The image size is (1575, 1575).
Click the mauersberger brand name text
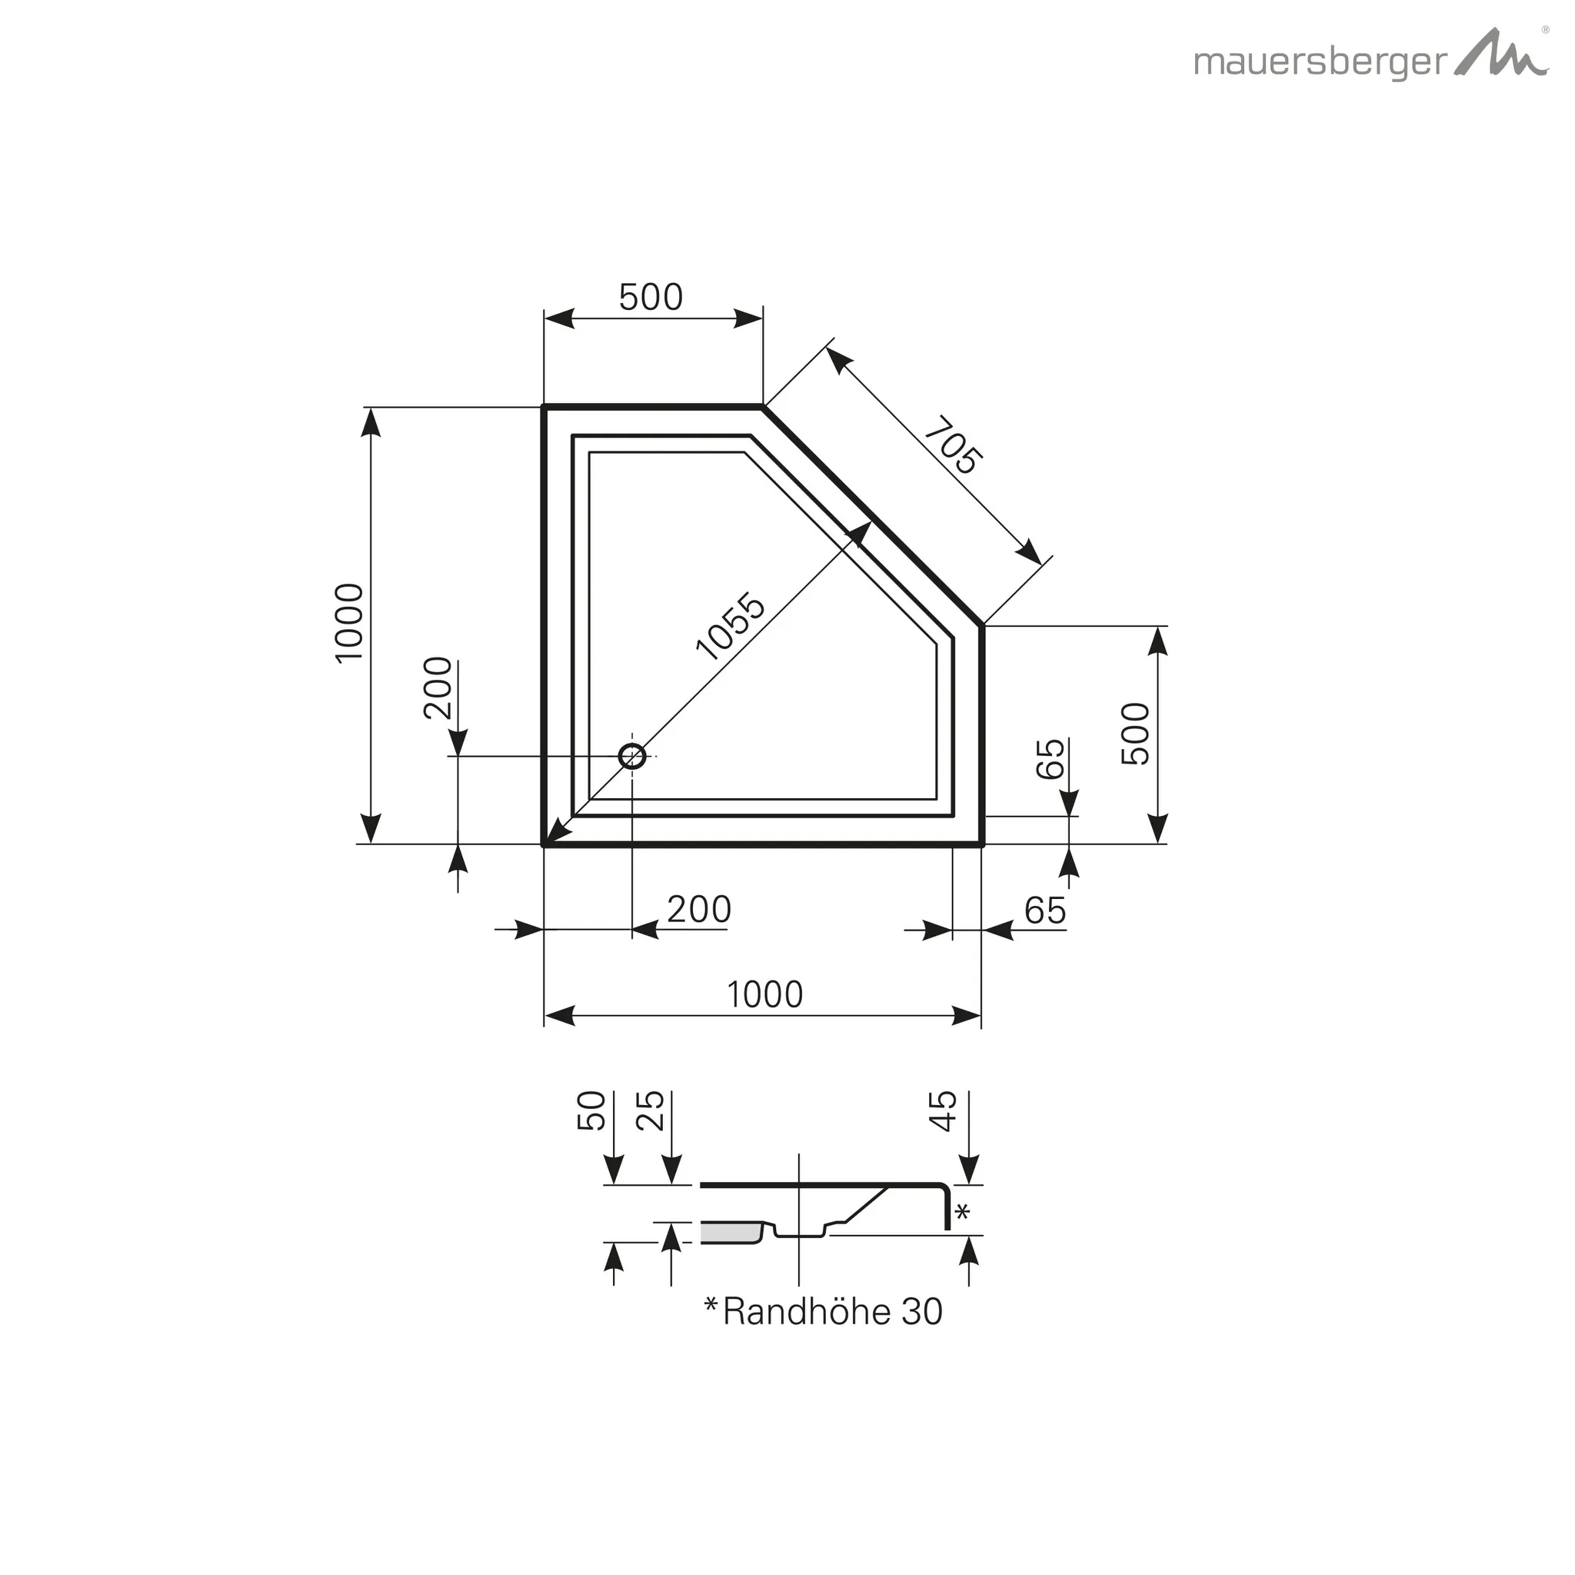click(1320, 63)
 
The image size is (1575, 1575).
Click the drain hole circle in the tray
click(633, 757)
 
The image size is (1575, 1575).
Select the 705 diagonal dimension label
click(953, 445)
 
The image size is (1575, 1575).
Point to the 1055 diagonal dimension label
click(731, 626)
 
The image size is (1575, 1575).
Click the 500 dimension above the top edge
click(651, 298)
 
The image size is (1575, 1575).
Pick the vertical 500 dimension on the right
click(1135, 733)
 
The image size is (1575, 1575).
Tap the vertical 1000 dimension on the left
click(349, 623)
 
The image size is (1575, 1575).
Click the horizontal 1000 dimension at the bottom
click(764, 994)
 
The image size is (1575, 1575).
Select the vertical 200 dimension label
click(438, 688)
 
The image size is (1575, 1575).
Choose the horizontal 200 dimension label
click(698, 909)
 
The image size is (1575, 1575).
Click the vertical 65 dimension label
click(1051, 758)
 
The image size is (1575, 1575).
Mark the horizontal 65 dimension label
click(1045, 911)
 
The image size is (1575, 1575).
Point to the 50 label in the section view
click(593, 1110)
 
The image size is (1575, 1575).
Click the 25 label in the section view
click(651, 1110)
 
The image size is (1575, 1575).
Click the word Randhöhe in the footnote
click(806, 1312)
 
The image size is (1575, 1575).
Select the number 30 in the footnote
click(921, 1312)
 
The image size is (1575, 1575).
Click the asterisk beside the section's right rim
click(962, 1211)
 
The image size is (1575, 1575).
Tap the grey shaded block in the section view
click(730, 1233)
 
